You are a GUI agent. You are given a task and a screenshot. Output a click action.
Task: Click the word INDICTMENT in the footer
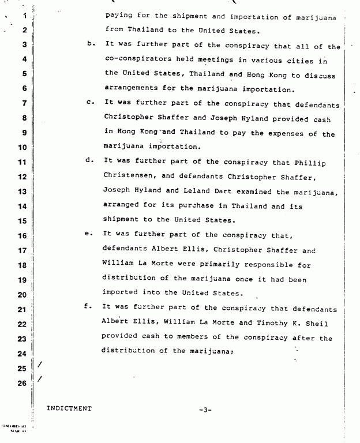pyautogui.click(x=69, y=409)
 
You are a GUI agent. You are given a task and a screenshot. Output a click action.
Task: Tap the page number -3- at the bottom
pyautogui.click(x=205, y=410)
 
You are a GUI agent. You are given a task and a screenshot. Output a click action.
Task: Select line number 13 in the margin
pyautogui.click(x=24, y=192)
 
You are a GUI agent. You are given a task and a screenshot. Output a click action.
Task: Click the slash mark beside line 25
pyautogui.click(x=39, y=365)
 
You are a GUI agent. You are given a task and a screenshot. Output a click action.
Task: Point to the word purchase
pyautogui.click(x=199, y=205)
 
